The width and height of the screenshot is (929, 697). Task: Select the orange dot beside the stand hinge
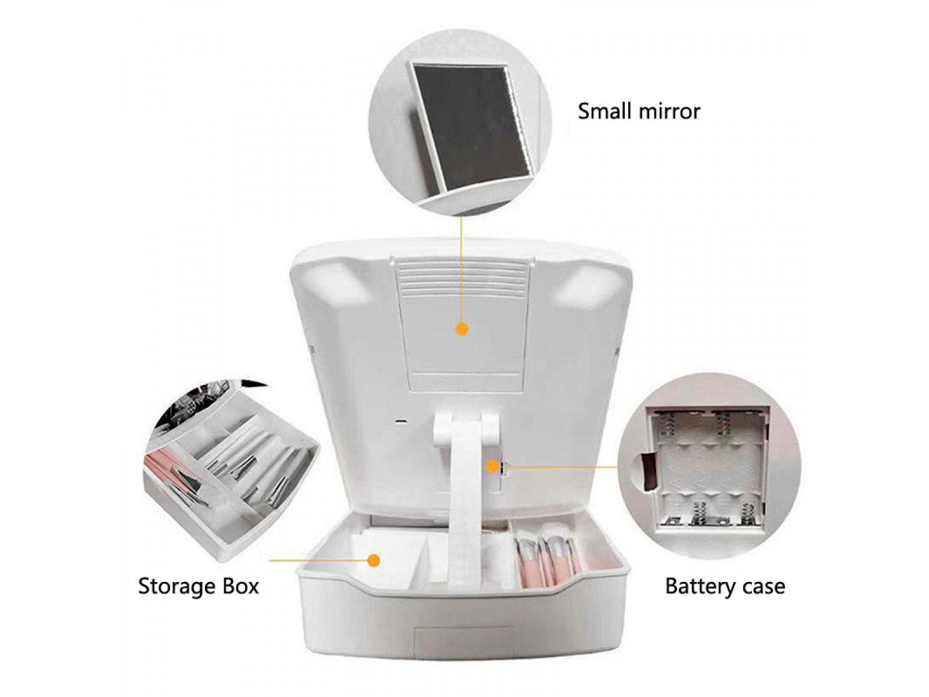tap(492, 467)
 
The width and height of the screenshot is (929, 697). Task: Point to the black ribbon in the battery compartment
tap(646, 472)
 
